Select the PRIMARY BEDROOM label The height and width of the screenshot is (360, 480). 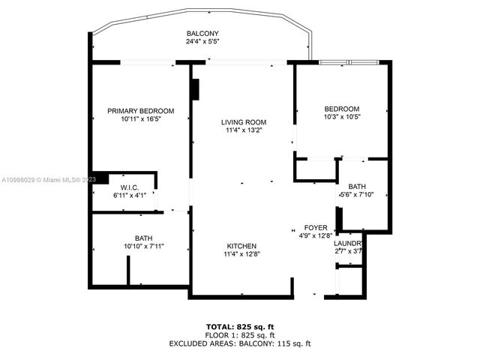[140, 110]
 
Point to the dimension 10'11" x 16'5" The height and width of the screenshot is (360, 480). [140, 118]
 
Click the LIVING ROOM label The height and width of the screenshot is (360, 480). [243, 122]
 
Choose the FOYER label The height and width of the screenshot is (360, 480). [315, 227]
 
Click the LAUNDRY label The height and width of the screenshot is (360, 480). [348, 244]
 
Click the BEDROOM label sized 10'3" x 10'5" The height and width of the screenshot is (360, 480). [341, 109]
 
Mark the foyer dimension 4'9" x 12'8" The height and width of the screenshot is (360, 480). [315, 235]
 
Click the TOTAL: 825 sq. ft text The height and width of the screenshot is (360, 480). [239, 328]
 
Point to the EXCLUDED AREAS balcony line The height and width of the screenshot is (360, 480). [239, 343]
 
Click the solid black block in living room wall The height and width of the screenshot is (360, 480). [195, 89]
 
